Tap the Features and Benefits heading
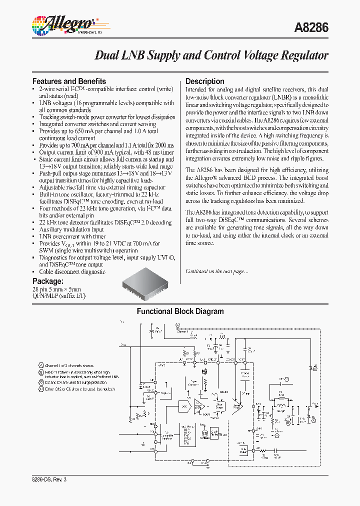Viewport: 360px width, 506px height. tap(69, 81)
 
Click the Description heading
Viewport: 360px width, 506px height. tap(205, 81)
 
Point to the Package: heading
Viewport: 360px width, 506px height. tap(48, 281)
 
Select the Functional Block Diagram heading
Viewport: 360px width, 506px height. tap(180, 311)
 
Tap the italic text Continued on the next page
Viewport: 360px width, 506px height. tap(216, 271)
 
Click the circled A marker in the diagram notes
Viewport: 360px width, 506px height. tap(41, 365)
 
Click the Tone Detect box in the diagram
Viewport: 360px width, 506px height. tap(243, 450)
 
